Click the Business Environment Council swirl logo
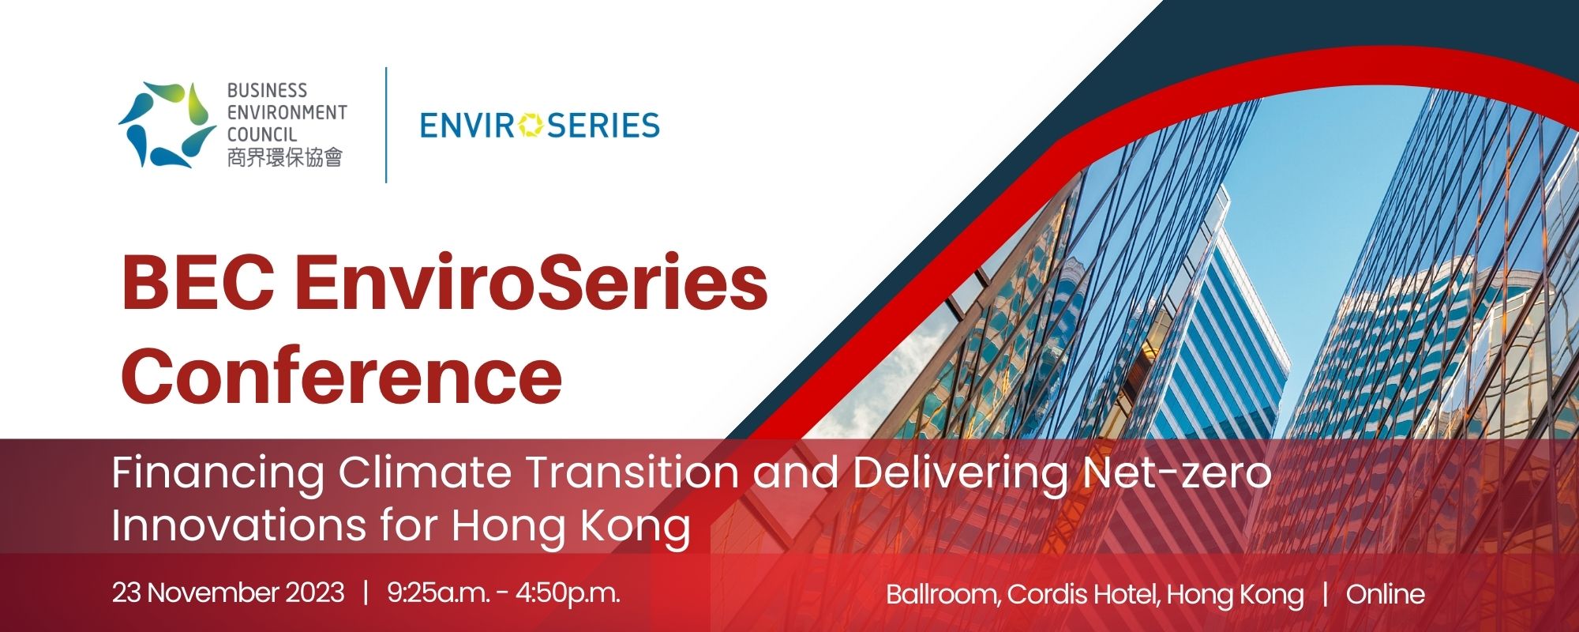click(x=167, y=125)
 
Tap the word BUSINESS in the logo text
click(x=267, y=91)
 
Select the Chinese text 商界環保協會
click(x=284, y=157)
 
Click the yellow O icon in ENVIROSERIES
click(x=532, y=125)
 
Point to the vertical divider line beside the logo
click(x=386, y=125)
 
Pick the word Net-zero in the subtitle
click(x=1176, y=472)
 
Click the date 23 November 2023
click(x=228, y=592)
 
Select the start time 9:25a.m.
click(x=438, y=592)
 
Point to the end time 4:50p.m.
click(x=568, y=593)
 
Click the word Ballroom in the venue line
click(x=943, y=595)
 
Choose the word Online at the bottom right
click(x=1386, y=594)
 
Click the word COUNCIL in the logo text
click(x=262, y=134)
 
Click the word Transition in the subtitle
click(x=632, y=472)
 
